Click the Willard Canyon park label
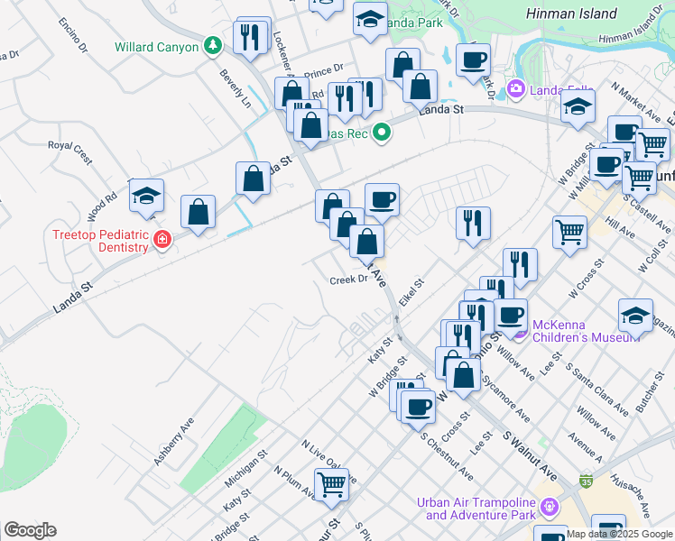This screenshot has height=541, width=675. pos(156,47)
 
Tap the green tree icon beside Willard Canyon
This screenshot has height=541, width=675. pos(211,44)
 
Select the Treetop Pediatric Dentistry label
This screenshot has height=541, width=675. pos(99,241)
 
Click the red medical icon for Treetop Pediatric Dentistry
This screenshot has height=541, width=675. pos(162,240)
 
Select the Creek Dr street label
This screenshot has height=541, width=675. pos(349,280)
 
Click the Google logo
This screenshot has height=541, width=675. pos(30,530)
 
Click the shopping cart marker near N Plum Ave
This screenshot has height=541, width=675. pos(333,484)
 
